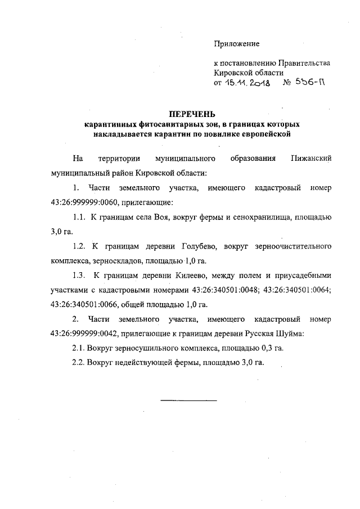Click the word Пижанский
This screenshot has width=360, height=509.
[x=311, y=158]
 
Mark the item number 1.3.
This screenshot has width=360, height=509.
[x=79, y=275]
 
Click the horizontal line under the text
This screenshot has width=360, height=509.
[x=188, y=400]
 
